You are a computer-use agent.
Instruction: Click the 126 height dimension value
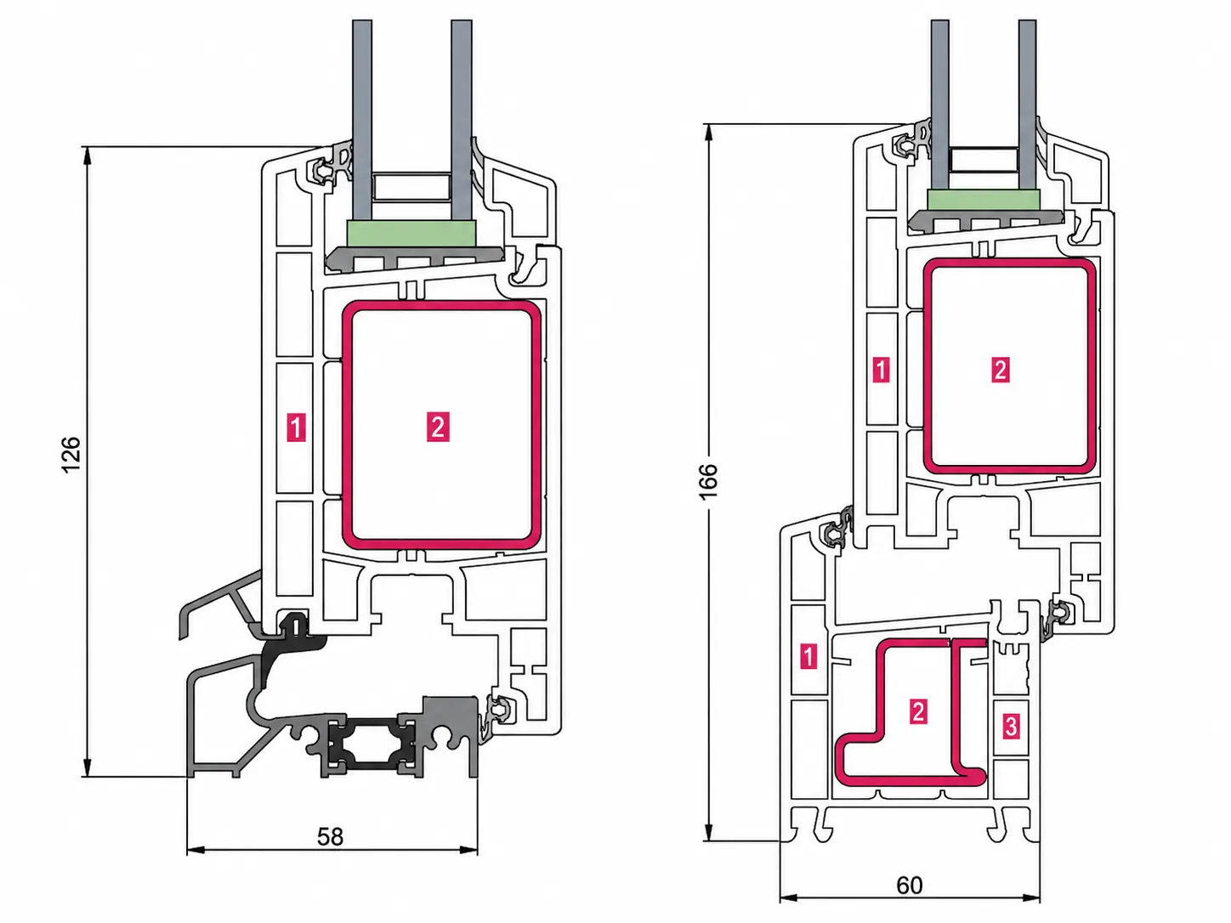pos(71,455)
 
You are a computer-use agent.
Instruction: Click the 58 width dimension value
pos(330,836)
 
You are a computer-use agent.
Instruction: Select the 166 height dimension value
pos(708,481)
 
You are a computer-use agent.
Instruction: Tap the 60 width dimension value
pos(909,886)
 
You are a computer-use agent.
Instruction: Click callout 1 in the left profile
pos(296,428)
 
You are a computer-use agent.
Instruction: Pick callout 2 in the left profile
pos(438,427)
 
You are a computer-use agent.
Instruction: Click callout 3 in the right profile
pos(1011,726)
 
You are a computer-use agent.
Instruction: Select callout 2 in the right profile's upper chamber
pos(1001,370)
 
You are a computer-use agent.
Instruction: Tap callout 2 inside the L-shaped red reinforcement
pos(918,711)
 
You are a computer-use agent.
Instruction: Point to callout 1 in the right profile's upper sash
pos(881,370)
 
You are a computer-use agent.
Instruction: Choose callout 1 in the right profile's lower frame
pos(808,656)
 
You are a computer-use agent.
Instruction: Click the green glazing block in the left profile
pos(411,233)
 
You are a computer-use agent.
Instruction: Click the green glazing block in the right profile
pos(984,200)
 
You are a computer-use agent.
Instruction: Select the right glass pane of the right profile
pos(1028,105)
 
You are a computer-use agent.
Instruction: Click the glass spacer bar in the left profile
pos(411,187)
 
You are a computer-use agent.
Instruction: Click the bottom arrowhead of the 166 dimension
pos(708,832)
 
